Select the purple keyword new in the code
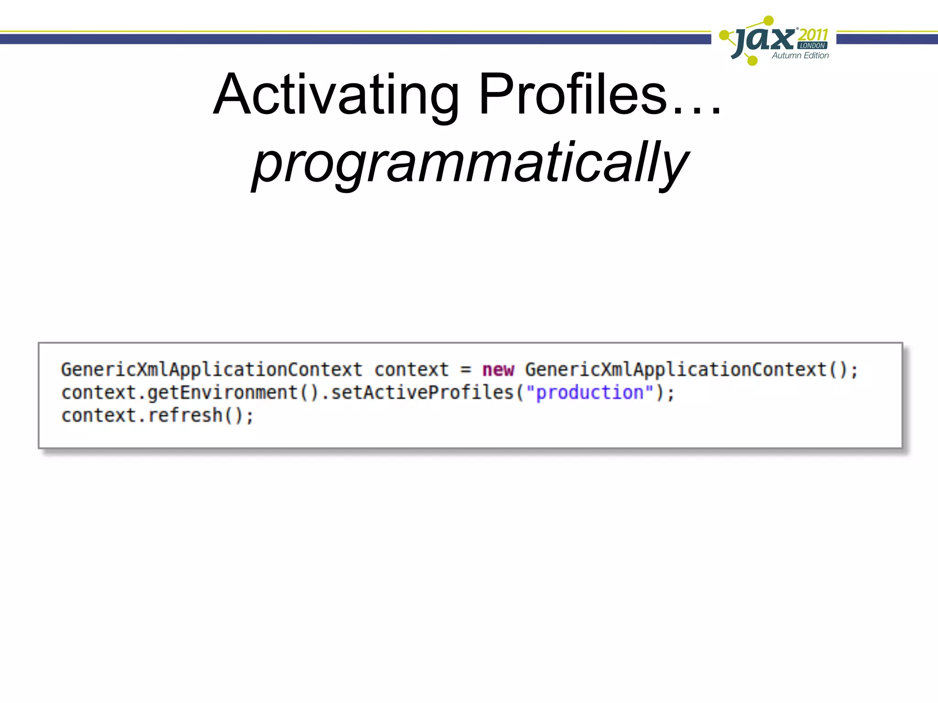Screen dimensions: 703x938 (x=498, y=370)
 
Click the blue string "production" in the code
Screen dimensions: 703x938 (x=589, y=393)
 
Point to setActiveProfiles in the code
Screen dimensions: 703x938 (x=422, y=393)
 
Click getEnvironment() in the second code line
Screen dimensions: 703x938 (x=233, y=393)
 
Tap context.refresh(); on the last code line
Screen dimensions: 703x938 (x=157, y=416)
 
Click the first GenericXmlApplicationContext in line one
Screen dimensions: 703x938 (x=212, y=370)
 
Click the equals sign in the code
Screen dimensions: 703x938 (x=465, y=370)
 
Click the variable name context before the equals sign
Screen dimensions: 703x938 (x=411, y=370)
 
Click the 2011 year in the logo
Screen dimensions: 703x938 (x=813, y=35)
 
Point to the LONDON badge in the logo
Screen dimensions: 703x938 (x=812, y=46)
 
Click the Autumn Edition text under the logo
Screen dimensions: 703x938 (x=800, y=55)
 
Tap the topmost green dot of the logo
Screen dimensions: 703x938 (x=769, y=20)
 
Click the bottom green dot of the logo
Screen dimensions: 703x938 (x=752, y=60)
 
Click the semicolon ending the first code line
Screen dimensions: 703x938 (x=854, y=371)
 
